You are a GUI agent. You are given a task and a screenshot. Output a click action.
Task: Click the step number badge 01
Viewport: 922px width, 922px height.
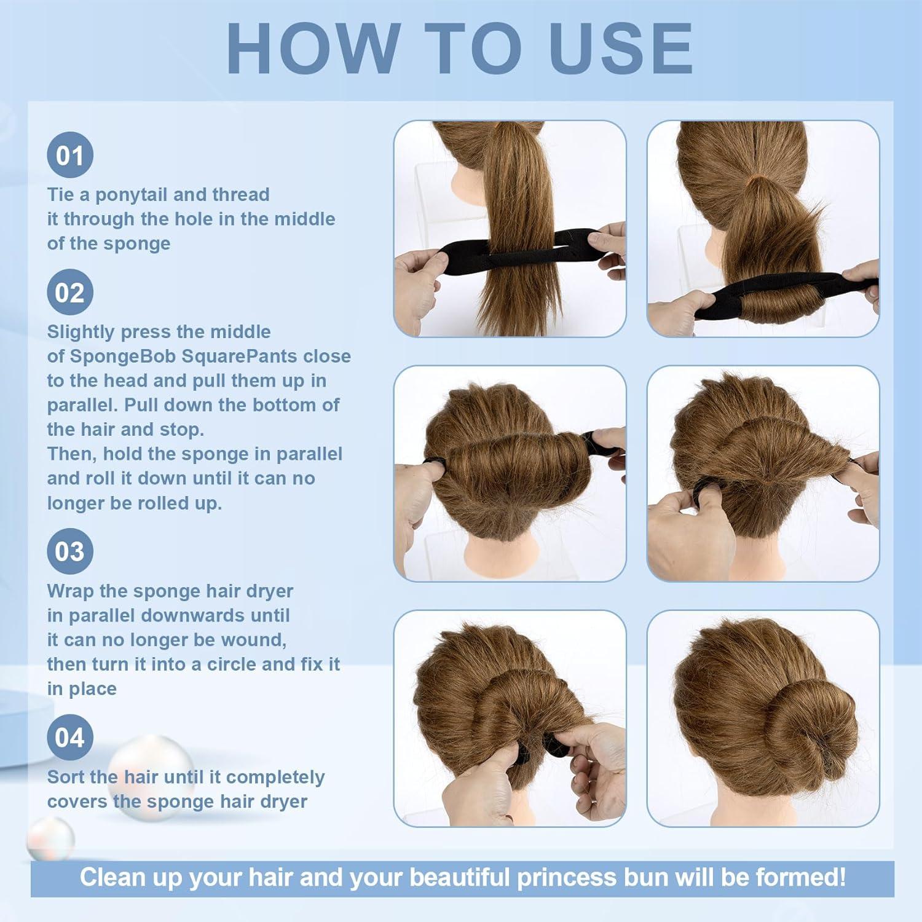70,156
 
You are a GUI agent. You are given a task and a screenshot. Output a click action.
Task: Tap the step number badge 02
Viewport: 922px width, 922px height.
70,293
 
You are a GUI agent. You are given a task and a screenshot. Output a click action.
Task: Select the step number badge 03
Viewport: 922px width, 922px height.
70,551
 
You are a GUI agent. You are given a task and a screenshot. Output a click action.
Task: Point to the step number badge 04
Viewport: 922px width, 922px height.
70,738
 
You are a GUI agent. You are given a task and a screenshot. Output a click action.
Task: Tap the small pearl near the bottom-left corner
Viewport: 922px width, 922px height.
50,840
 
